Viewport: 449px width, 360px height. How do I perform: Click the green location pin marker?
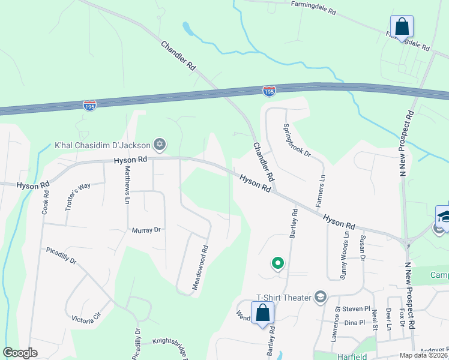pos(278,262)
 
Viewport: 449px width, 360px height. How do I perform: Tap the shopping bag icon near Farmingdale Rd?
pos(402,27)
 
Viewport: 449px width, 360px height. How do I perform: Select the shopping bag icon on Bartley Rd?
pos(262,313)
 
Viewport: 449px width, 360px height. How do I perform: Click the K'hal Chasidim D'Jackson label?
pos(103,145)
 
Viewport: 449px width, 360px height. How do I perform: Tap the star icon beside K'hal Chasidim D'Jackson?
pos(159,144)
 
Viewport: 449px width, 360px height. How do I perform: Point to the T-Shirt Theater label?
pos(283,297)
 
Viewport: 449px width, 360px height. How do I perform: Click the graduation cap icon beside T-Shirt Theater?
pos(321,297)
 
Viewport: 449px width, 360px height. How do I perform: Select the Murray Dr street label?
pos(147,230)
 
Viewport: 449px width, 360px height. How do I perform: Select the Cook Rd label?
pos(45,198)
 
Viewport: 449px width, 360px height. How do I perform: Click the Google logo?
pos(20,353)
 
